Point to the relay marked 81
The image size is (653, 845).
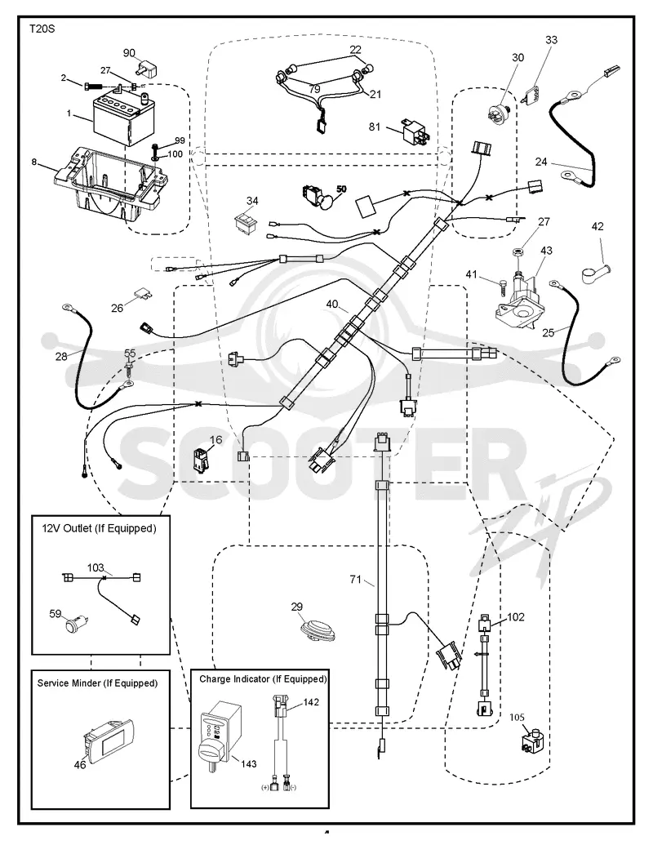click(x=415, y=131)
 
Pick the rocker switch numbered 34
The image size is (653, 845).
click(x=246, y=221)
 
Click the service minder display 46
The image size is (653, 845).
click(x=109, y=742)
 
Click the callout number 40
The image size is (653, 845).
click(x=332, y=304)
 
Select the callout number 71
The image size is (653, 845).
click(x=355, y=580)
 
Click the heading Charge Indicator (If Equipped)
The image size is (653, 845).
click(x=263, y=679)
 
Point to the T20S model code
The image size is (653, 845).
click(x=42, y=29)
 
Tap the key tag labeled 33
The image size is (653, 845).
click(x=533, y=96)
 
